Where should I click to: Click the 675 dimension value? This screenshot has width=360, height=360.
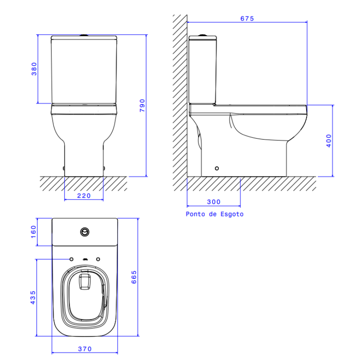[x=247, y=19]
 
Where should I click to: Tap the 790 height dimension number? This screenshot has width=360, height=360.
[x=142, y=105]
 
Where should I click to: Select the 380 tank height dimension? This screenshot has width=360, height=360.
[x=34, y=69]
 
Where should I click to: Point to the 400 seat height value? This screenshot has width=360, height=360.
[x=329, y=141]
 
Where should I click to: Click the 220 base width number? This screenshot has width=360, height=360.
[x=84, y=196]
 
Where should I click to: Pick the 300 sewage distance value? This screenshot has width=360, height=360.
[x=214, y=202]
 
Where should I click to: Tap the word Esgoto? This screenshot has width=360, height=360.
[x=232, y=214]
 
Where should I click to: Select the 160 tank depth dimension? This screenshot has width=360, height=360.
[x=33, y=232]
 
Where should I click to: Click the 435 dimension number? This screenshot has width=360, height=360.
[x=33, y=297]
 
